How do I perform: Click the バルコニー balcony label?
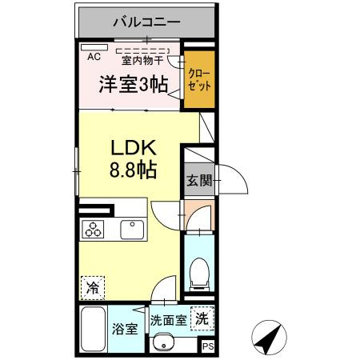click(x=146, y=22)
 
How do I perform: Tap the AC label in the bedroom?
click(x=93, y=57)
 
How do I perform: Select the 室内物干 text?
click(x=142, y=59)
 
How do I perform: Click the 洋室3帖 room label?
click(x=131, y=82)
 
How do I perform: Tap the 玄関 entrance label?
click(x=200, y=182)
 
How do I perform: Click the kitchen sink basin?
click(x=131, y=229)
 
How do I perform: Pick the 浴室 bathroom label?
click(x=126, y=327)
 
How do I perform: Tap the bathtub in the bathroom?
click(x=93, y=330)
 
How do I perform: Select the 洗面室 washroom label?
click(x=169, y=318)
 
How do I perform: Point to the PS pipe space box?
click(x=207, y=346)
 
